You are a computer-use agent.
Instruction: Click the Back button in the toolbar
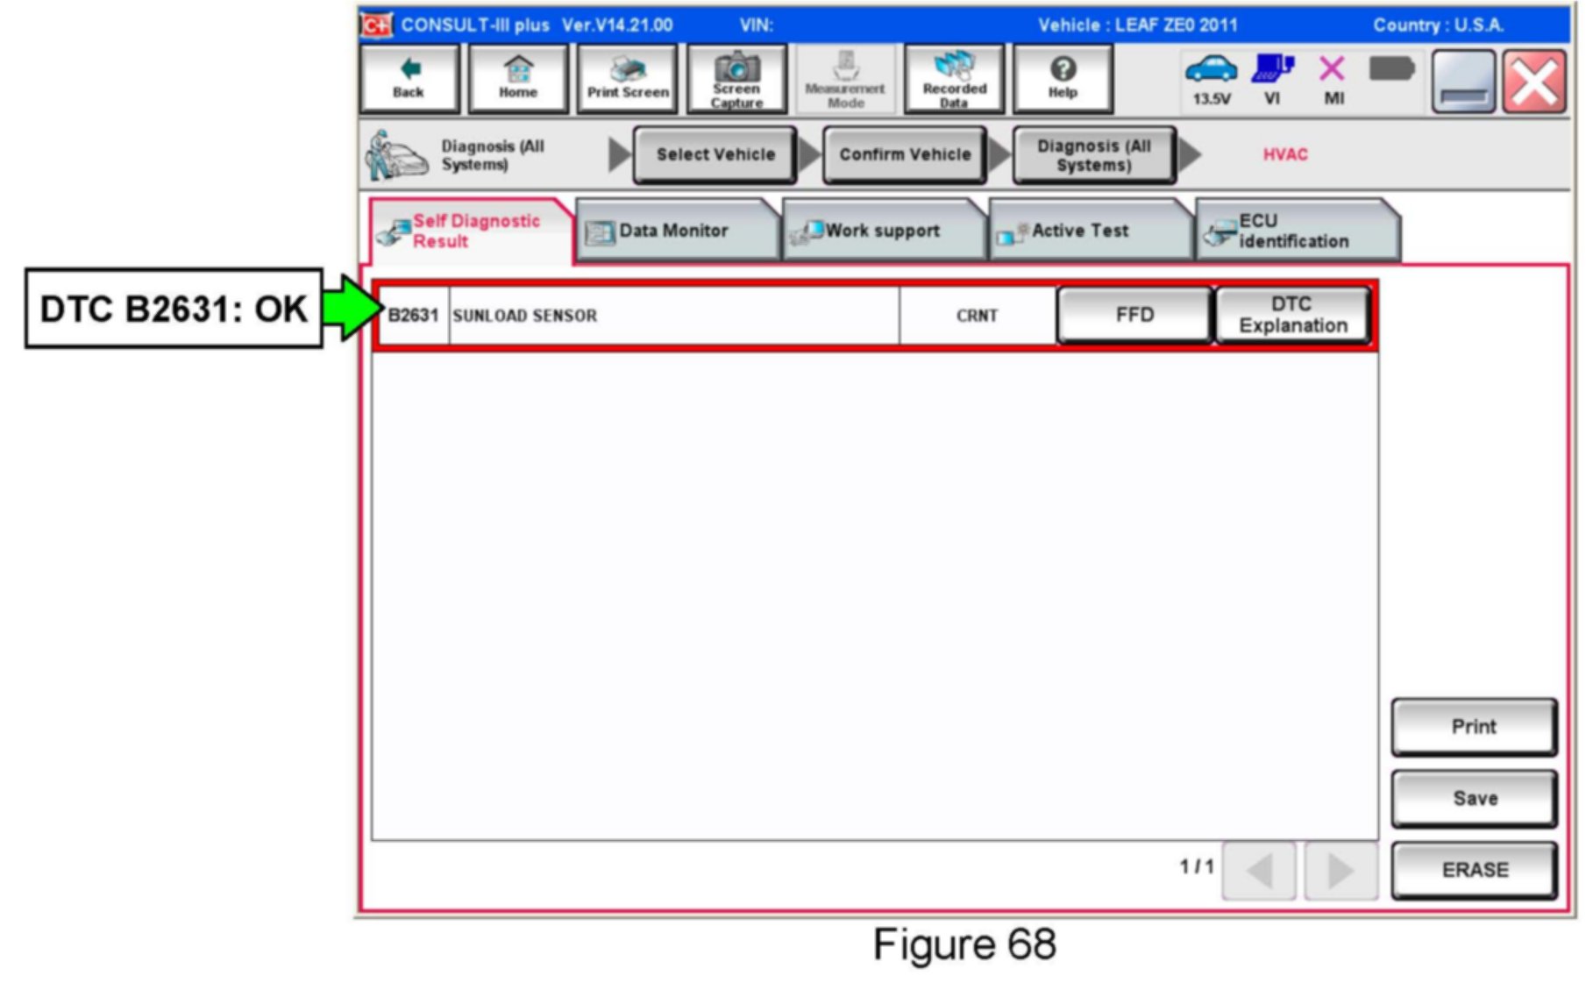click(409, 79)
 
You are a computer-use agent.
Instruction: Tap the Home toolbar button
click(517, 79)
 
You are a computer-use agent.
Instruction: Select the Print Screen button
click(627, 79)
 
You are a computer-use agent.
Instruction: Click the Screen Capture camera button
click(736, 79)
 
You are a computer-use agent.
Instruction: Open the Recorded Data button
click(954, 79)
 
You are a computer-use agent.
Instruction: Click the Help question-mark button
click(1063, 79)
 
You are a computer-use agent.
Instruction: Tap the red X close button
click(1533, 82)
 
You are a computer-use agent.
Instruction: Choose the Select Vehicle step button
click(715, 154)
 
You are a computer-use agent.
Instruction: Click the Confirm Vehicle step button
click(905, 154)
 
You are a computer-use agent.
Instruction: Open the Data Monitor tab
click(673, 231)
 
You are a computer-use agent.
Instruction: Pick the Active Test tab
click(1079, 231)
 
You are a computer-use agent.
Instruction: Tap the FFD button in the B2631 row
click(1134, 315)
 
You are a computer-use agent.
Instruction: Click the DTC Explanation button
click(1292, 315)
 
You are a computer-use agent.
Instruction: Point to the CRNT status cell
click(977, 316)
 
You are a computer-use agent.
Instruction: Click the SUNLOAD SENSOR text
click(524, 316)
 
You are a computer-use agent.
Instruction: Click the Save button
click(1475, 798)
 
